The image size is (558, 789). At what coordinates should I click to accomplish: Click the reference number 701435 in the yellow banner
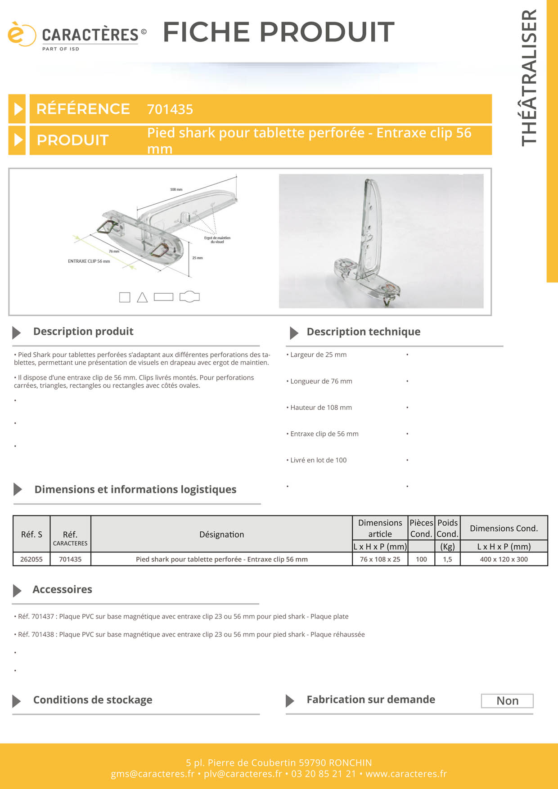[170, 109]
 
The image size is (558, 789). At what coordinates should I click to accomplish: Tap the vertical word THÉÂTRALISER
[529, 78]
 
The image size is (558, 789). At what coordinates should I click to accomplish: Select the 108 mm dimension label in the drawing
[176, 189]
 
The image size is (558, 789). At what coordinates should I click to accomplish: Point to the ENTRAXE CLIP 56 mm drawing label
[89, 261]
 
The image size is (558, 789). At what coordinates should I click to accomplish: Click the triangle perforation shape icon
[142, 297]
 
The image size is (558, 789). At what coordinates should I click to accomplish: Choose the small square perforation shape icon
[125, 297]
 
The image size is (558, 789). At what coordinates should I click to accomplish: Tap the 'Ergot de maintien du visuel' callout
[217, 240]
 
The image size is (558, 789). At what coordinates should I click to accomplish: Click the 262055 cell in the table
[31, 559]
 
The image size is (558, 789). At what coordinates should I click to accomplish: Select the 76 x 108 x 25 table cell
[380, 559]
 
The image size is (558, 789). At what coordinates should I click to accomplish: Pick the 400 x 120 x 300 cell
[504, 559]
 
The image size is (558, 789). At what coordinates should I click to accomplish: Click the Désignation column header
[221, 534]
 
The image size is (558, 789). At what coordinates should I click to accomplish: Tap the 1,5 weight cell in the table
[447, 559]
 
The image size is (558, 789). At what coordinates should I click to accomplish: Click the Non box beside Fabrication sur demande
[507, 701]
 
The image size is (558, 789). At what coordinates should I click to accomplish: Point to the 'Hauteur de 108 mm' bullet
[321, 408]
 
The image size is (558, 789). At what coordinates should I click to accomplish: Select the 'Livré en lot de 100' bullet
[318, 460]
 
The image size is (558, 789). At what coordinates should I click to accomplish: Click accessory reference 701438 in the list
[43, 634]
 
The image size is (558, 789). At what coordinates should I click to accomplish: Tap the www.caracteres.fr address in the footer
[406, 774]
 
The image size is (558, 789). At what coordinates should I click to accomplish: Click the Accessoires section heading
[62, 589]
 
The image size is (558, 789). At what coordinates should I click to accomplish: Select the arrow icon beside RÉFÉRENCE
[18, 109]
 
